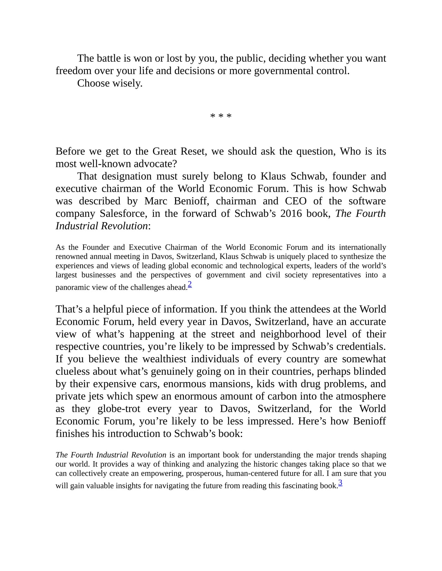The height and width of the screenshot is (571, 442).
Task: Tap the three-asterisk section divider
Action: click(x=221, y=116)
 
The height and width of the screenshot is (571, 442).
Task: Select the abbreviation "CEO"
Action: click(x=296, y=201)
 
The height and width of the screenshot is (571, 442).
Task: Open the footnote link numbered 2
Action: click(x=190, y=284)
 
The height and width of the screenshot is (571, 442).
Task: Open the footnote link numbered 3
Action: click(x=340, y=483)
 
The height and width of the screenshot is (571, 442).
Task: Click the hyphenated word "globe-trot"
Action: click(x=119, y=409)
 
